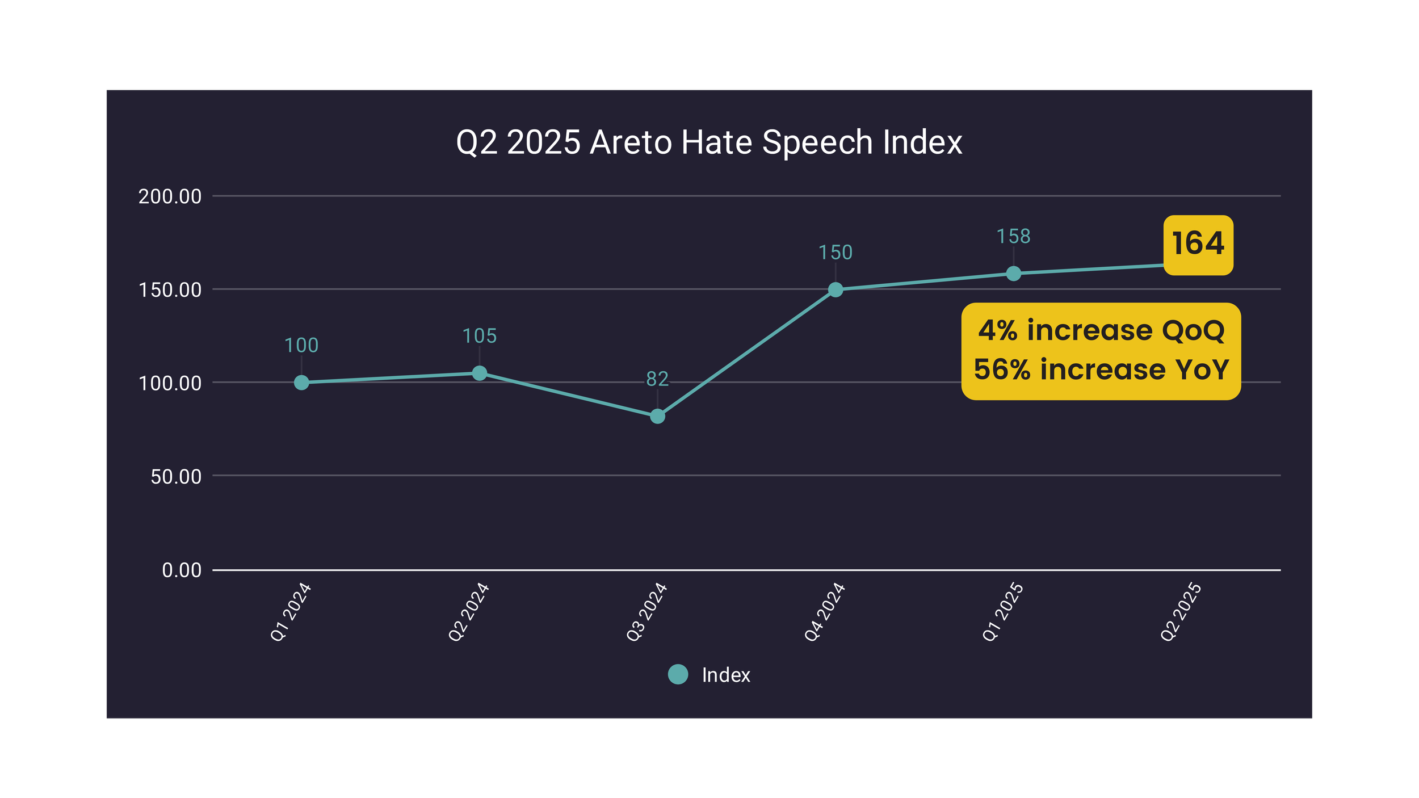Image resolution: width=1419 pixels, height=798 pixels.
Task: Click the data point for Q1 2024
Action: pos(301,383)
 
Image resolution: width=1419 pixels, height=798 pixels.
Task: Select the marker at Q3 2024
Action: pos(657,417)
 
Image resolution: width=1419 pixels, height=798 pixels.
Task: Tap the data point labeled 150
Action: pos(836,290)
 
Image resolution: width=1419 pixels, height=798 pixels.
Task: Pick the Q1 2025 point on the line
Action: pos(1014,274)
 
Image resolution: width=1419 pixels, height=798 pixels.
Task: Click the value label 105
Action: pos(480,336)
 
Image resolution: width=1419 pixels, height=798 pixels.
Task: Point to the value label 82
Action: pos(657,379)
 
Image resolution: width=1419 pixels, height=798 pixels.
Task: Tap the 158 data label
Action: pos(1014,236)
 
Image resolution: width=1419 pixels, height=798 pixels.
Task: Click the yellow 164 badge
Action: pos(1198,245)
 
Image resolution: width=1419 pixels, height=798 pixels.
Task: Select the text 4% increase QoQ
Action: pos(1101,330)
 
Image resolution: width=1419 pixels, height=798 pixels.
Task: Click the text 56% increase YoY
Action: pos(1101,369)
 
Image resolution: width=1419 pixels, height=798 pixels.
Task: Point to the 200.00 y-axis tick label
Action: pos(170,196)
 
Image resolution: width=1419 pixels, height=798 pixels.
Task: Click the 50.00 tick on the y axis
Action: pos(176,477)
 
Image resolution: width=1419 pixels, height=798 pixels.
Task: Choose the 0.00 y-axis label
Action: pos(182,570)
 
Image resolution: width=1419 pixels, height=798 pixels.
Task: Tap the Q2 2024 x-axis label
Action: pos(469,612)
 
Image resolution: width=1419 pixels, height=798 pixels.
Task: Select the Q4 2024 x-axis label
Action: pos(825,612)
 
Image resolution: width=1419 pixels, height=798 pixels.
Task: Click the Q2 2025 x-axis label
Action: pos(1181,612)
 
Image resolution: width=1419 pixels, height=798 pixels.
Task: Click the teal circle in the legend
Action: pos(678,674)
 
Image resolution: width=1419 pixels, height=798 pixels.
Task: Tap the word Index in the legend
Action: pos(726,675)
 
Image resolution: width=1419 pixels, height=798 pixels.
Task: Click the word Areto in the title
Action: pos(631,142)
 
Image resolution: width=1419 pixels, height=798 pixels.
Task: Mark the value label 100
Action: pos(301,345)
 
